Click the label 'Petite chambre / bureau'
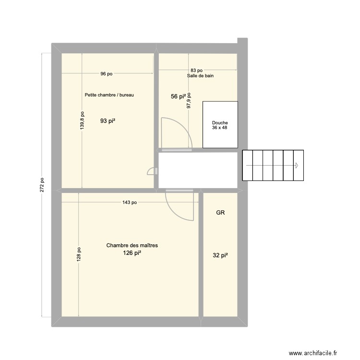[x=109, y=95]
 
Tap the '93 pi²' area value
[x=108, y=121]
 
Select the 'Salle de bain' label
[x=200, y=76]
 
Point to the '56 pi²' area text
[x=178, y=96]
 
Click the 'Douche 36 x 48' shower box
[x=220, y=125]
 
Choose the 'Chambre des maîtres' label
[x=132, y=245]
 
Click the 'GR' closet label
[x=220, y=212]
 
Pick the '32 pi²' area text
[x=220, y=256]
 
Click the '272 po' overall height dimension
[x=42, y=185]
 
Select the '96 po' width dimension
[x=106, y=74]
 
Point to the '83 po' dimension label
[x=196, y=71]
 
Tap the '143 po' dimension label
[x=129, y=203]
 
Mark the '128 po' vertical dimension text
[x=78, y=254]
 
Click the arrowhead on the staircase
[x=297, y=166]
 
